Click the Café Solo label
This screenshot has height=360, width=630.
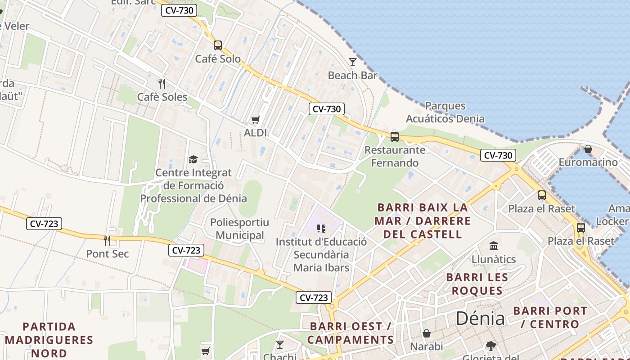(218, 59)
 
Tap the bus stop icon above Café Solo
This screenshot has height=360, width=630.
(218, 45)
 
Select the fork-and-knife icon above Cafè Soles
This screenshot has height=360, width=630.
(162, 83)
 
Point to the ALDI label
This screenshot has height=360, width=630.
(255, 133)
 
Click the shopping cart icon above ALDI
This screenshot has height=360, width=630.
(255, 120)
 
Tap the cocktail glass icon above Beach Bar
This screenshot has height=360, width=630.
(353, 62)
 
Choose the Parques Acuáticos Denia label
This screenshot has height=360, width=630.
(445, 112)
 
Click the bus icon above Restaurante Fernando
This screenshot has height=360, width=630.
(395, 136)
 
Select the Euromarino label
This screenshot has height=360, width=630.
(588, 162)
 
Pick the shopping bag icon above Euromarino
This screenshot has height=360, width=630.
(588, 149)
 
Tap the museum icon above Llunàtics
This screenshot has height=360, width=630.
(494, 246)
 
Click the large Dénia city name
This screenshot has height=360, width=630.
(480, 318)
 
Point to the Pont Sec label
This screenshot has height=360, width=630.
(108, 254)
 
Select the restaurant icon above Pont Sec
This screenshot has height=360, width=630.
(107, 241)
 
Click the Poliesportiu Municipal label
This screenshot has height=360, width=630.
(239, 229)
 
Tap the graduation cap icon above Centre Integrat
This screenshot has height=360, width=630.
(193, 159)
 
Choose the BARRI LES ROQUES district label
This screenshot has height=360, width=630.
(477, 284)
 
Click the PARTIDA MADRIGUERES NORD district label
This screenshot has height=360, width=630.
(49, 340)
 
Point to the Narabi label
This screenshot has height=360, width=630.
(427, 346)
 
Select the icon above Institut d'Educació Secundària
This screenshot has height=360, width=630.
(321, 229)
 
